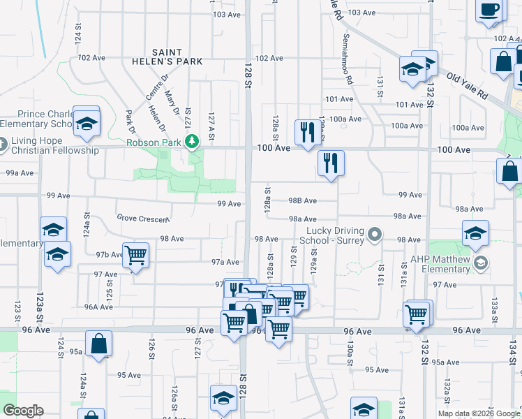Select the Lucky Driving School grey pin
(x=375, y=234)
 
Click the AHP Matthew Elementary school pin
(x=479, y=263)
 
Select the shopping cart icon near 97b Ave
(x=135, y=255)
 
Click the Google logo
(x=23, y=411)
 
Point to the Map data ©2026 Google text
(x=479, y=413)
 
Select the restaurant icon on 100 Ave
(x=307, y=131)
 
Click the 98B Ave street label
(x=303, y=200)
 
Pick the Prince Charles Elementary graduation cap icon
(x=87, y=123)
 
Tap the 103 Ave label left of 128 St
(x=227, y=14)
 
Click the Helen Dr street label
(x=159, y=116)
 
